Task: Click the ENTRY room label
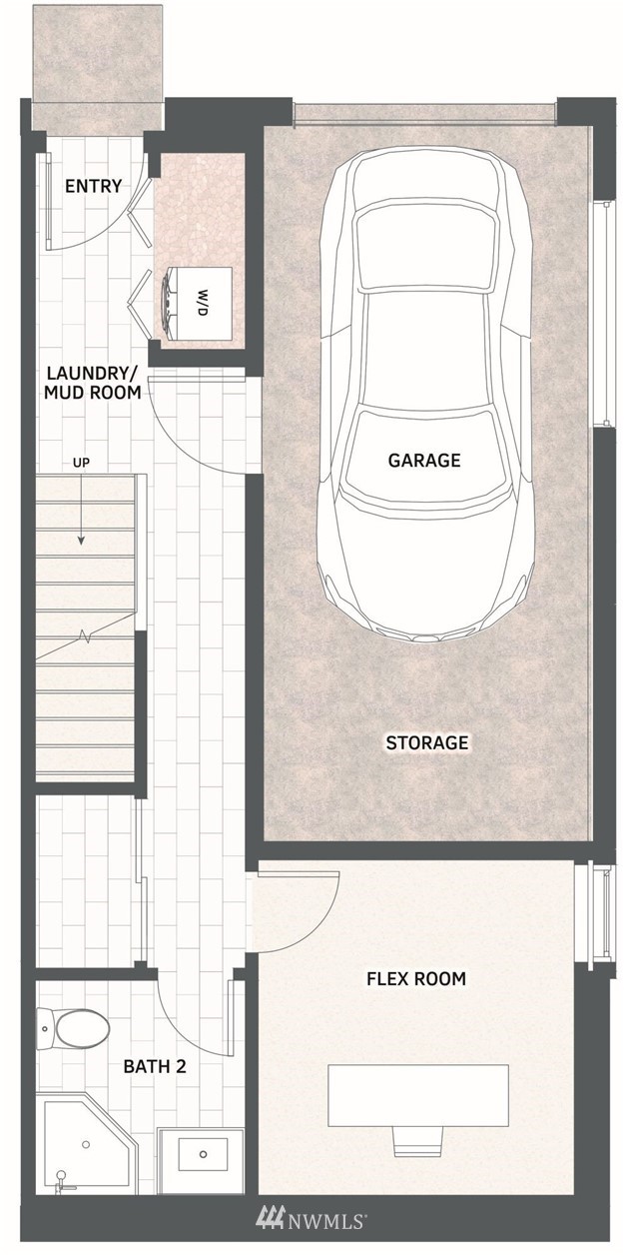[94, 186]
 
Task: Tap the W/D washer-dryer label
[202, 302]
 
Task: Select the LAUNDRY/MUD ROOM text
[93, 383]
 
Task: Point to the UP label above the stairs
[81, 463]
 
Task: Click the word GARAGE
[424, 461]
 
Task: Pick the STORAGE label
[427, 743]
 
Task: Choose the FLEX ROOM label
[416, 979]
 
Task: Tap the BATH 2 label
[155, 1066]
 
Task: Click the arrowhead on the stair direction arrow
[81, 541]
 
